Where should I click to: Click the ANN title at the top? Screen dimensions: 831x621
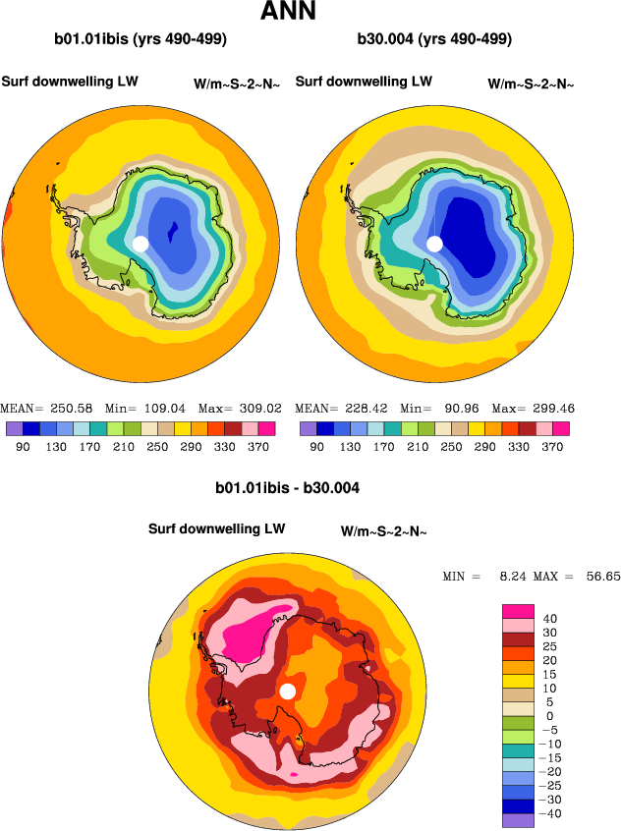288,13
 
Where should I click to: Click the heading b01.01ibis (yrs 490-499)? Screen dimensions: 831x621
141,40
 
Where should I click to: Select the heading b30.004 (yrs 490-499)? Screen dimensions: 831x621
435,40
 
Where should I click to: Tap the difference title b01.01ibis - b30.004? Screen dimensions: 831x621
293,488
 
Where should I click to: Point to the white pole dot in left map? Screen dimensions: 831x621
141,243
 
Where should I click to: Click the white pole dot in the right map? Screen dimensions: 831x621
434,243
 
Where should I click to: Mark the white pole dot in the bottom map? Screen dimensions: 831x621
287,692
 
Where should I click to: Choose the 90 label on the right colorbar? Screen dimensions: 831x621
317,447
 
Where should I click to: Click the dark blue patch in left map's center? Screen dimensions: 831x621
173,233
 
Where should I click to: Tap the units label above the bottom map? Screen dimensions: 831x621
383,531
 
